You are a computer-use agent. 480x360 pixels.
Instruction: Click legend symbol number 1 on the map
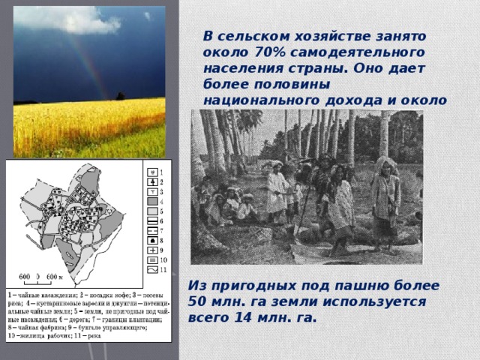tap(154, 171)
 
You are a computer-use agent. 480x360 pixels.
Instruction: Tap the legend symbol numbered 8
tap(154, 240)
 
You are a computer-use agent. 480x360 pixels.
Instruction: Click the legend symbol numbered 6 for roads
tap(154, 220)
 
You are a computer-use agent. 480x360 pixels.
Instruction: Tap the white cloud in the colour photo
tap(67, 19)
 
